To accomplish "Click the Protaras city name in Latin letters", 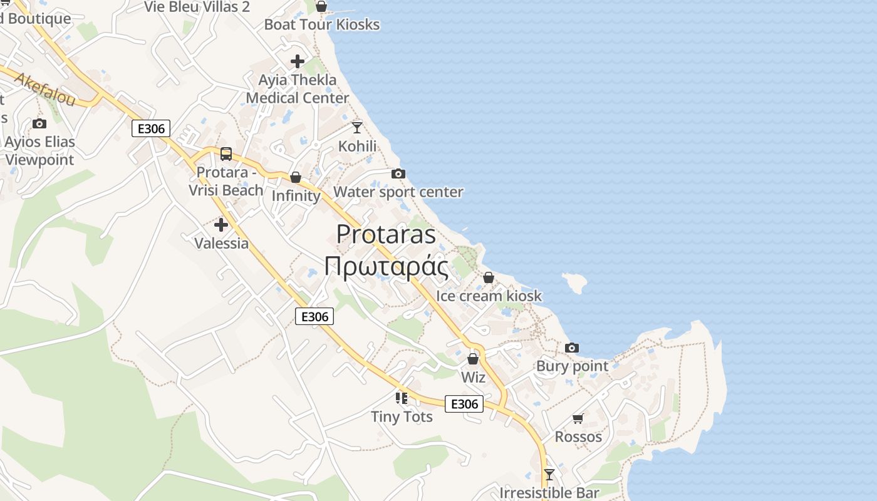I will [386, 234].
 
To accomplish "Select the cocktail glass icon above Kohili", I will [357, 128].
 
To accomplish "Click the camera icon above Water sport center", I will [398, 173].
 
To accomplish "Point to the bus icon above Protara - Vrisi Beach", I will [226, 154].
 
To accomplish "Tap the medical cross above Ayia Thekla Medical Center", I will [298, 61].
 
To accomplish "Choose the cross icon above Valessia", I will [221, 225].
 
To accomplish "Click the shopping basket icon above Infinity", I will [296, 178].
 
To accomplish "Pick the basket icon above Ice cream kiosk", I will [489, 277].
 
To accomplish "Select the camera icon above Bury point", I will [572, 348].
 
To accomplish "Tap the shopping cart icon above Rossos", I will [578, 418].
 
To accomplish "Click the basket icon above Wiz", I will [473, 359].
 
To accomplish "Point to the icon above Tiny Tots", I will [402, 398].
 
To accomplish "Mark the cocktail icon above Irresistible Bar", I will [549, 475].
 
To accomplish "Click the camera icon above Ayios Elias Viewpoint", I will [39, 123].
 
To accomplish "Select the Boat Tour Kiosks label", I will [322, 24].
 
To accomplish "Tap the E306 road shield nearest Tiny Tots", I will [465, 404].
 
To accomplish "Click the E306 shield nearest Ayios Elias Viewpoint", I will [151, 129].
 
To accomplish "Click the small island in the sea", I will [575, 282].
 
